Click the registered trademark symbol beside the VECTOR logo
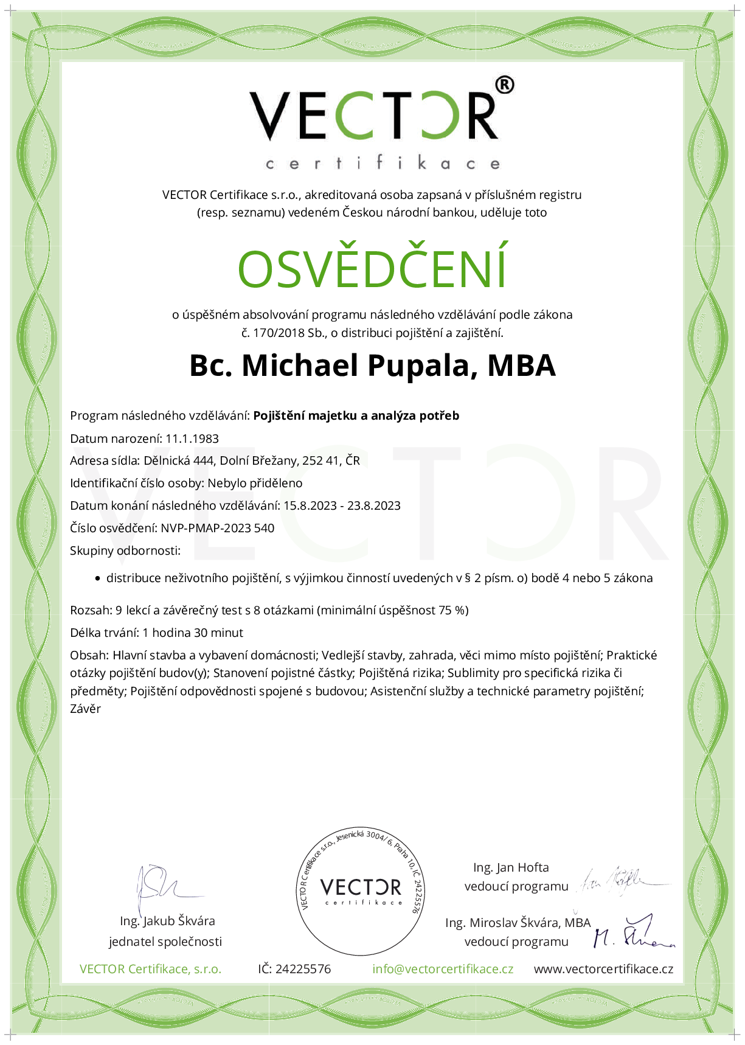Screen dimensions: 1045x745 (504, 85)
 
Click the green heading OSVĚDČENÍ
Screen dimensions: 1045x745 (372, 268)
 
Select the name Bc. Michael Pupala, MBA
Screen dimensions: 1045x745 (372, 366)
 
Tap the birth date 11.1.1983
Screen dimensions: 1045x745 (192, 439)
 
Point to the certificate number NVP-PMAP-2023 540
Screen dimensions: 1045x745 (217, 528)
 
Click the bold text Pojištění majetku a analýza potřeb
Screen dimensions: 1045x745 (356, 416)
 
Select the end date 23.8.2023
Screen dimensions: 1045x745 (374, 505)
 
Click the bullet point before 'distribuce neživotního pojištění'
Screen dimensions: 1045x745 (97, 579)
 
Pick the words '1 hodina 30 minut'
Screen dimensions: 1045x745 (193, 633)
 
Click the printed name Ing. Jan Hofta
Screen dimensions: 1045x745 (511, 868)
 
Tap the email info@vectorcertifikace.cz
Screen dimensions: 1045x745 (443, 969)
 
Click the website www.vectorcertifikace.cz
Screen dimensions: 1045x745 (603, 969)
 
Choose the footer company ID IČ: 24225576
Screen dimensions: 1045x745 (294, 969)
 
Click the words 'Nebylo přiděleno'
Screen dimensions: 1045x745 (255, 484)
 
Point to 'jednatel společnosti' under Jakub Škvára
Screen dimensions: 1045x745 (165, 942)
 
